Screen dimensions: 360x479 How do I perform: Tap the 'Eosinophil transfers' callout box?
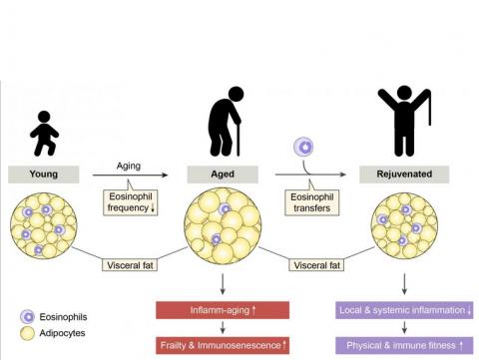point(313,203)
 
